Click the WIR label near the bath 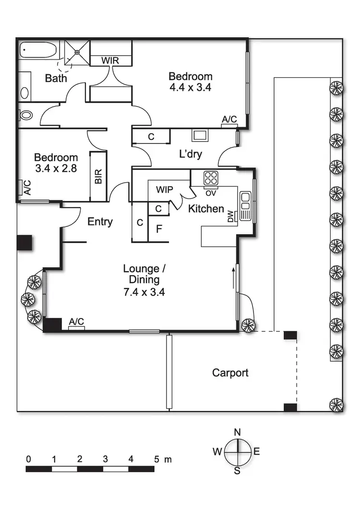111,61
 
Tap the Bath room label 56,78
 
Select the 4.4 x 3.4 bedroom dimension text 190,88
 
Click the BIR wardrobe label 98,177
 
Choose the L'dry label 190,154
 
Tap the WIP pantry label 165,189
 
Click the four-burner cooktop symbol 211,178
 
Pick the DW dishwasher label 231,217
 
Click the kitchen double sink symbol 245,205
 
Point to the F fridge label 159,228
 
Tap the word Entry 100,222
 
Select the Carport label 230,373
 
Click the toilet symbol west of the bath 26,114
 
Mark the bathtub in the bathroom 37,50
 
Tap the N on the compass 237,432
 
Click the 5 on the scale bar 156,459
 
